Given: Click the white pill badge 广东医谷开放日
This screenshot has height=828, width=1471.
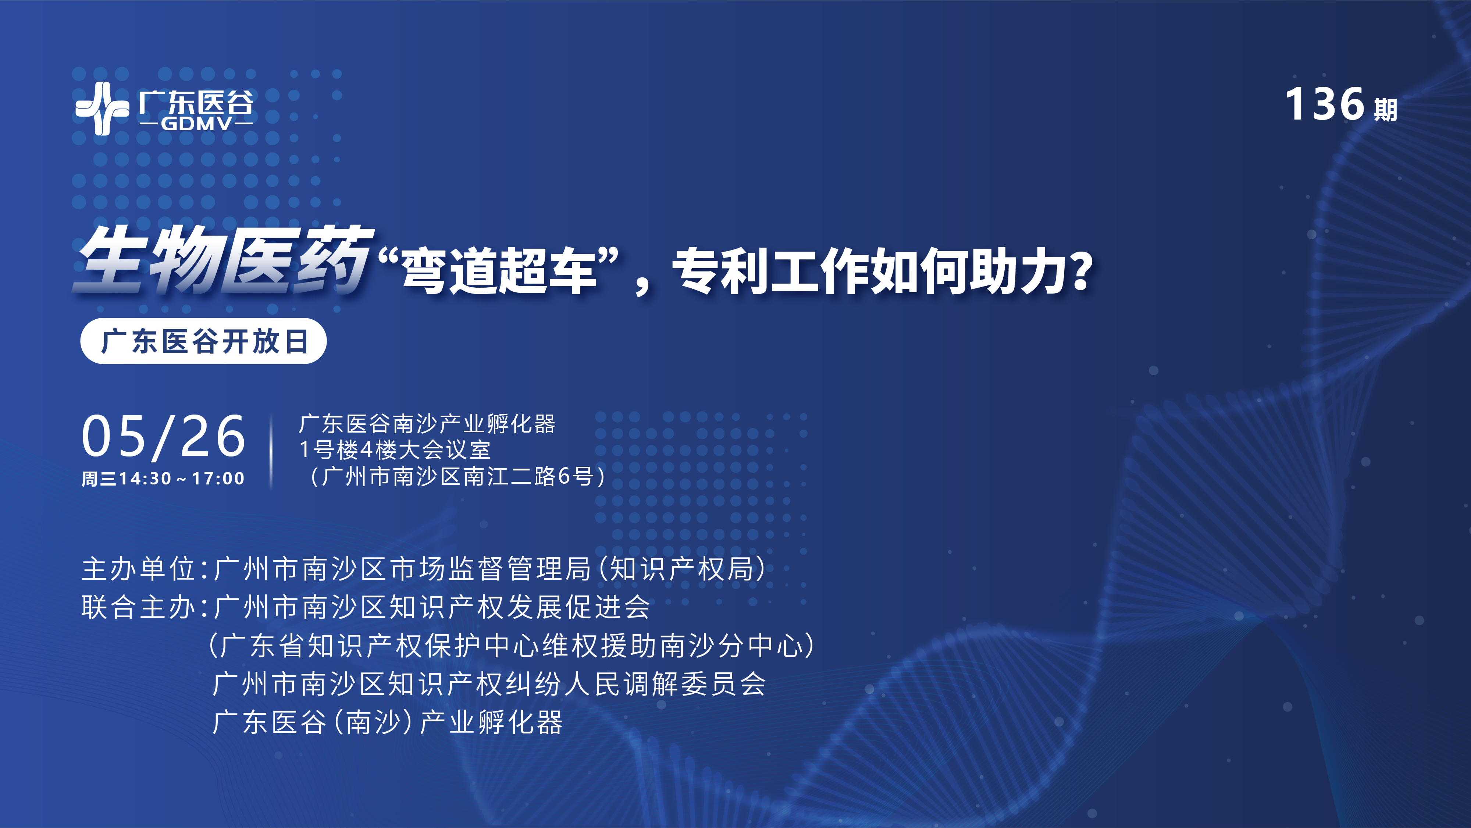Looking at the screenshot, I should [203, 341].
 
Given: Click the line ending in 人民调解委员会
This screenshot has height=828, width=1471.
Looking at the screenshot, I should [489, 684].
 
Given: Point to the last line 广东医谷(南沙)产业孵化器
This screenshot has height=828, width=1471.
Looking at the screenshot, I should [387, 722].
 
